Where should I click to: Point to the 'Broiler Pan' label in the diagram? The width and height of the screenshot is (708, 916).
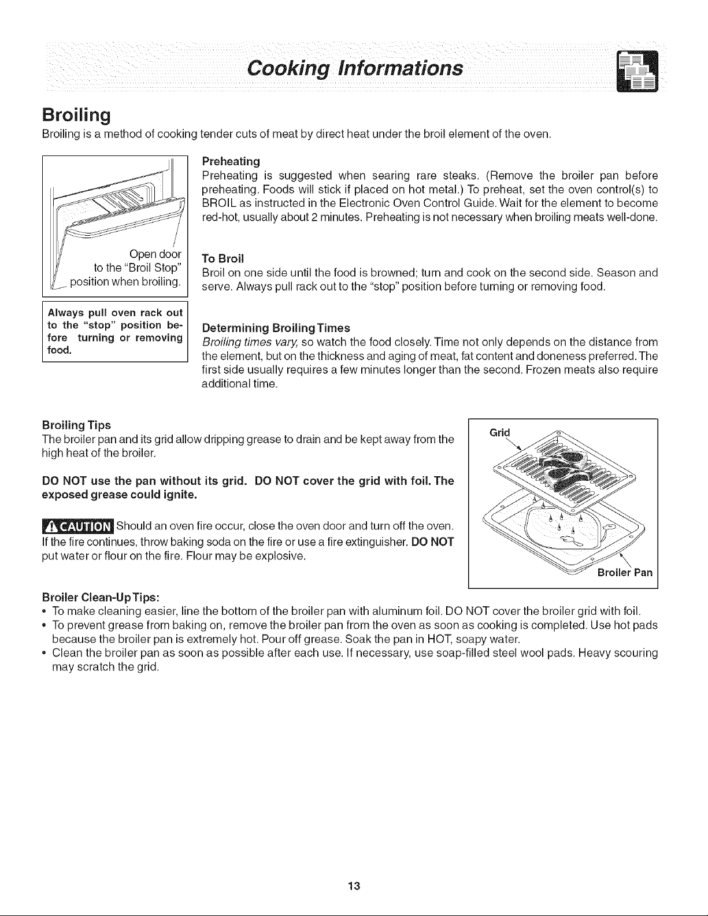tap(624, 573)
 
